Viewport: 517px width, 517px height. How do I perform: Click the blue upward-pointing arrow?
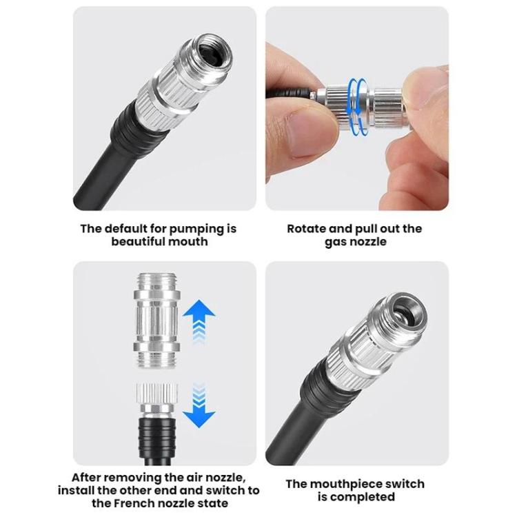pyautogui.click(x=199, y=318)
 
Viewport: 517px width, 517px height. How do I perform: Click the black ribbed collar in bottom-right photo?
pyautogui.click(x=327, y=382)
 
